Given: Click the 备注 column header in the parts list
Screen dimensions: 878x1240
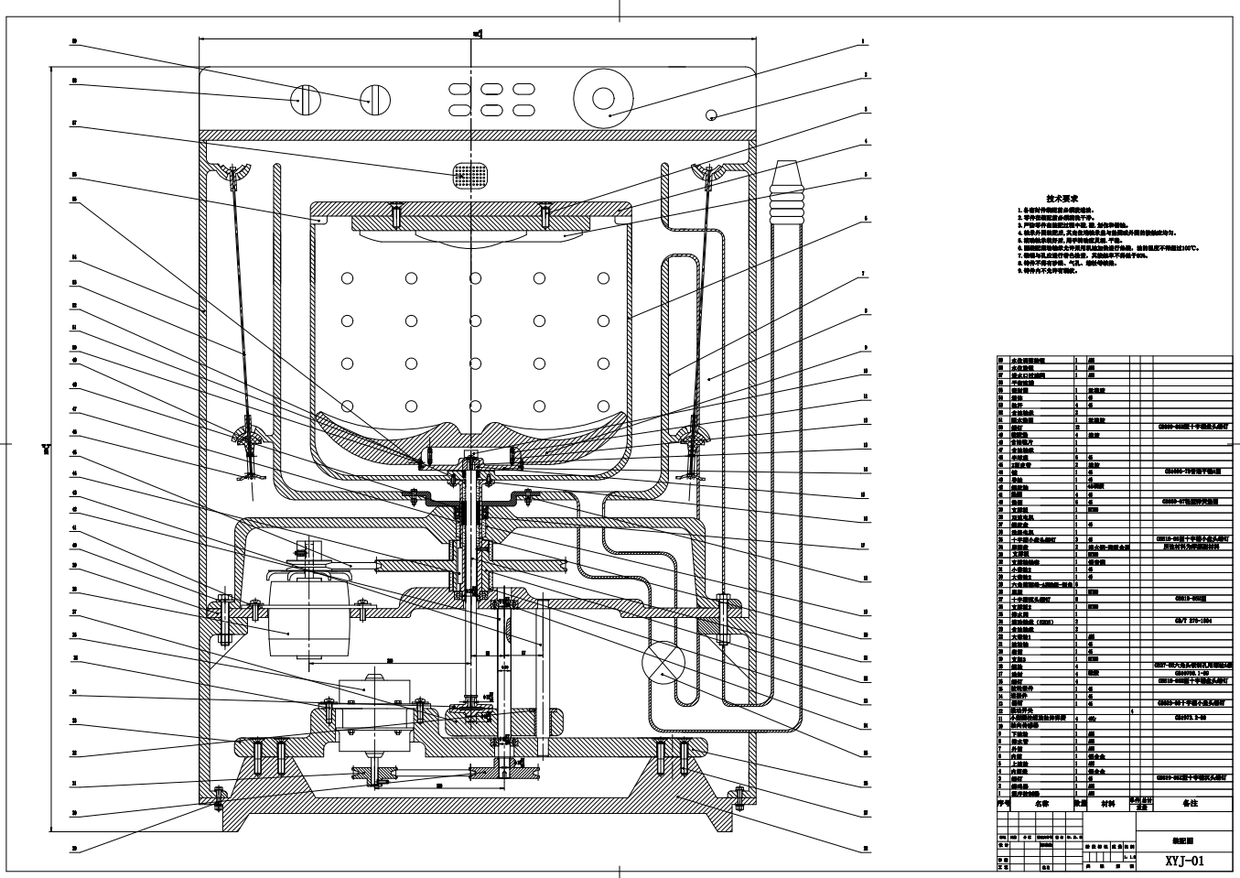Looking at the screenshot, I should pos(1190,803).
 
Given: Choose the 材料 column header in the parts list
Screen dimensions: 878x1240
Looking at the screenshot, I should pos(1108,803).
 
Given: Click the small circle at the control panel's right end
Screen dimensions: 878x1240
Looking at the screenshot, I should pos(711,115).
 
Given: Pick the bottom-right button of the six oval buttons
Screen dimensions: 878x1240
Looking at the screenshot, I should pos(522,110).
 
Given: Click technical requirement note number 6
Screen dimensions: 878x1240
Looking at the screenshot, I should pos(1107,247).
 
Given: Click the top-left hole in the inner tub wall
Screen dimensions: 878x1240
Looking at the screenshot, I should pos(347,277).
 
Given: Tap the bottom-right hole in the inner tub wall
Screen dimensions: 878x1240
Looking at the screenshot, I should pos(602,405).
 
